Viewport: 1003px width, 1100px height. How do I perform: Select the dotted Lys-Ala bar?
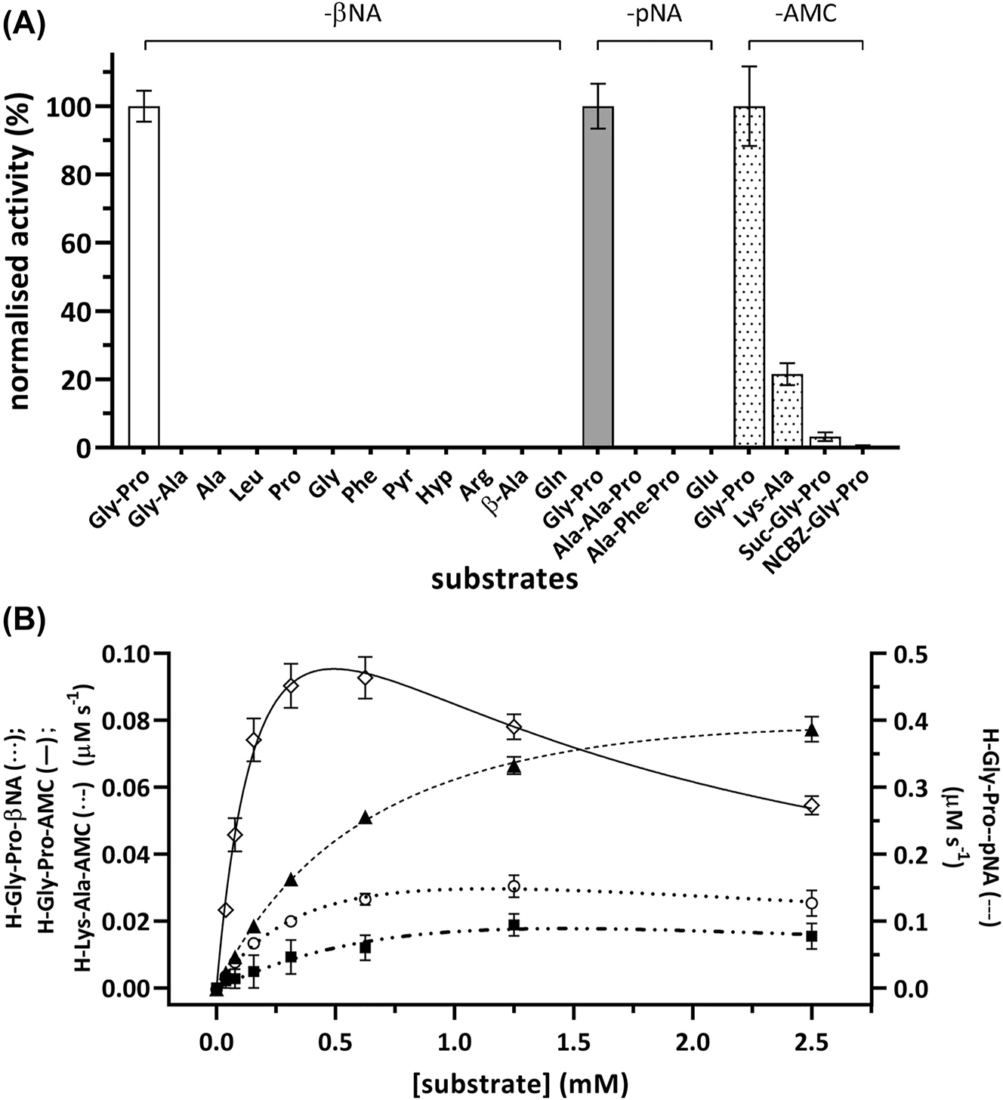(x=786, y=412)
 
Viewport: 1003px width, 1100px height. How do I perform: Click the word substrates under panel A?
(x=505, y=580)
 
